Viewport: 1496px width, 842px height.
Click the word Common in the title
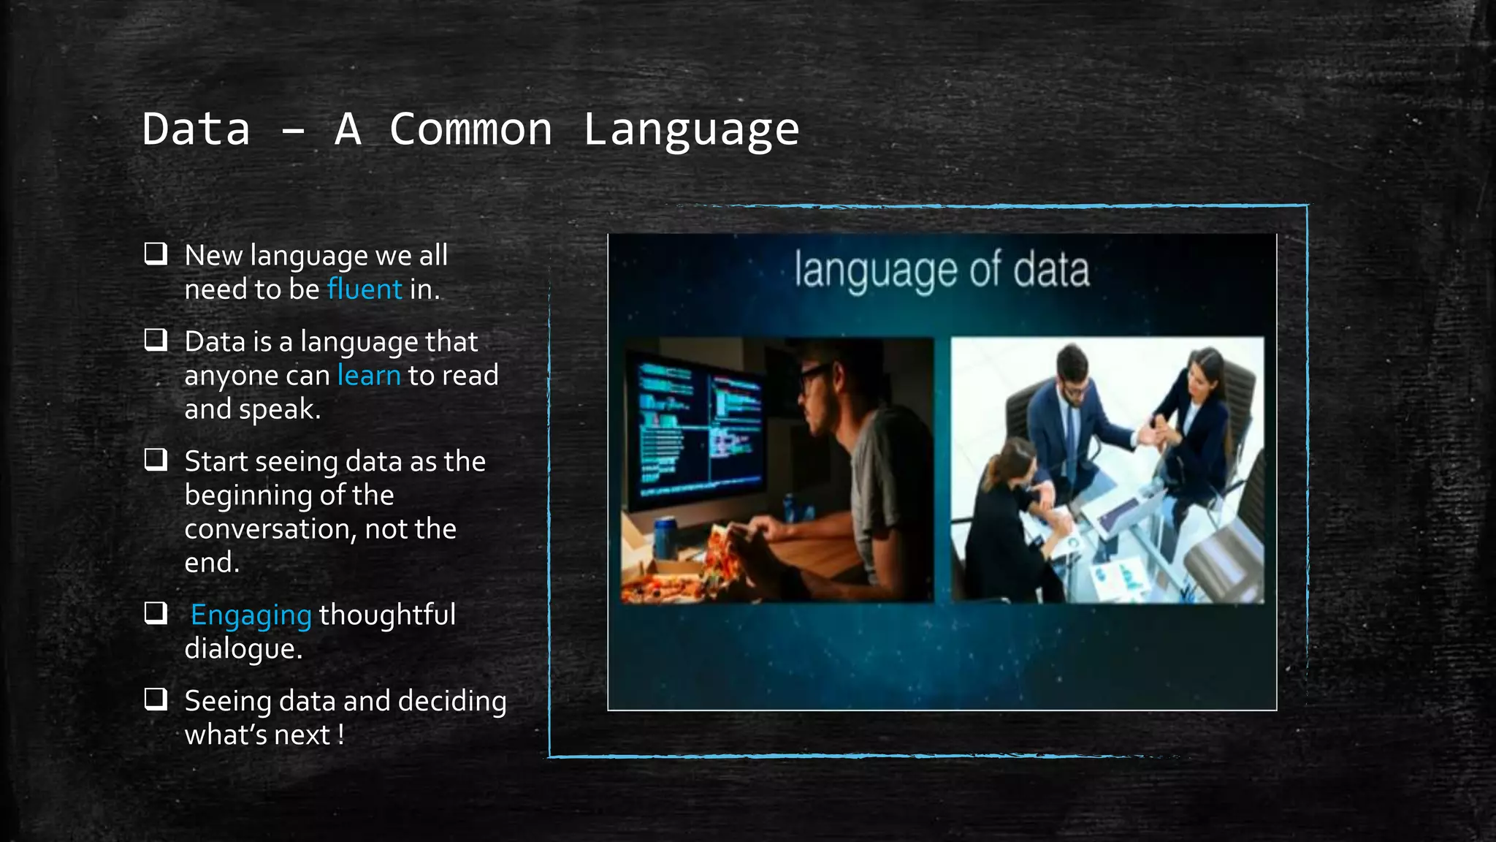[x=470, y=129]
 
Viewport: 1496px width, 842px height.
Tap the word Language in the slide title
[x=691, y=129]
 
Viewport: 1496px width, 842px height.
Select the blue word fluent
[x=365, y=289]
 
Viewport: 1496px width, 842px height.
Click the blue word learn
[x=369, y=376]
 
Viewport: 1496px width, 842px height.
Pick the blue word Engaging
[x=251, y=615]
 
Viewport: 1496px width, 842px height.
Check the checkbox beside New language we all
[x=156, y=254]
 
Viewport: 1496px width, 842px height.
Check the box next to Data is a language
[x=156, y=340]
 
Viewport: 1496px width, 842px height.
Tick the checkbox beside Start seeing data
[x=156, y=460]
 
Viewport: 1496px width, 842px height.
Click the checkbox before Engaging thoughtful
[x=156, y=613]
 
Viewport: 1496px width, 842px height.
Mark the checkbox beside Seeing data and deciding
[x=156, y=699]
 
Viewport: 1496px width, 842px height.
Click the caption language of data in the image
[x=942, y=270]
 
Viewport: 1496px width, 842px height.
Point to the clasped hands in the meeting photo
[x=1158, y=432]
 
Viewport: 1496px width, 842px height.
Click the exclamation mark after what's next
[x=340, y=735]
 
